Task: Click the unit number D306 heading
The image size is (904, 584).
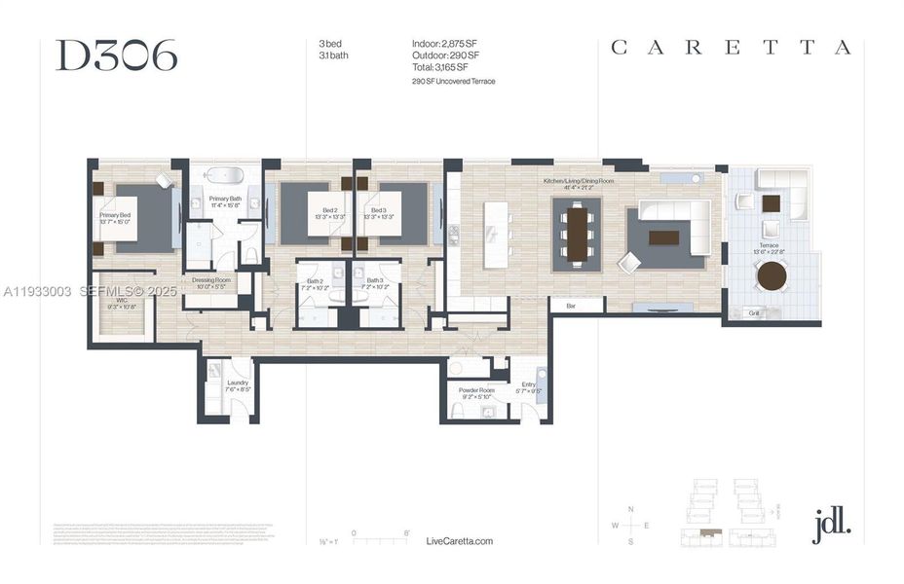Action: pos(116,56)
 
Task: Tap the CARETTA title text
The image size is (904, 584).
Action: pos(731,48)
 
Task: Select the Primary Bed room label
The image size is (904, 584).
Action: pos(115,219)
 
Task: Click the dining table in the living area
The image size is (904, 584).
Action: pos(577,233)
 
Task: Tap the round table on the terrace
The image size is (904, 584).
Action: pos(772,275)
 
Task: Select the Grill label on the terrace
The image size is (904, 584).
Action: pos(753,313)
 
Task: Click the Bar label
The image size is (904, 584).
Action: pos(570,306)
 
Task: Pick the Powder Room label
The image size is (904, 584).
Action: pos(476,392)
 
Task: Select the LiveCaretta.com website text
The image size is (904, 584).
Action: pos(460,541)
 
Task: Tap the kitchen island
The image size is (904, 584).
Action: pos(496,234)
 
